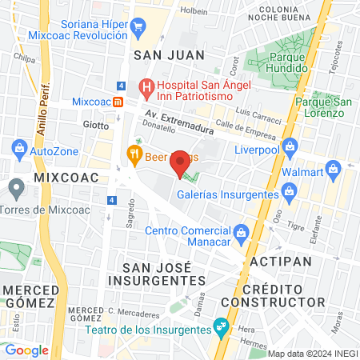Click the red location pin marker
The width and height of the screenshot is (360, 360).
click(x=181, y=162)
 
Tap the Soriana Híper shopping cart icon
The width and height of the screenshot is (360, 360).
click(x=138, y=26)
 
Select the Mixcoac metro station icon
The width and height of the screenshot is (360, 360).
click(x=118, y=102)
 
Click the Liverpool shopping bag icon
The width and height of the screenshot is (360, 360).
click(x=290, y=146)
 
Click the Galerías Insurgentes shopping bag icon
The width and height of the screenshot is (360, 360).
click(x=290, y=190)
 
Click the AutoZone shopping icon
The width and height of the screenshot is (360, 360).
click(x=19, y=148)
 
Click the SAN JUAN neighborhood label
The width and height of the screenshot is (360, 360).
click(x=169, y=54)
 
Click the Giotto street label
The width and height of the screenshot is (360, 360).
click(x=95, y=125)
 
